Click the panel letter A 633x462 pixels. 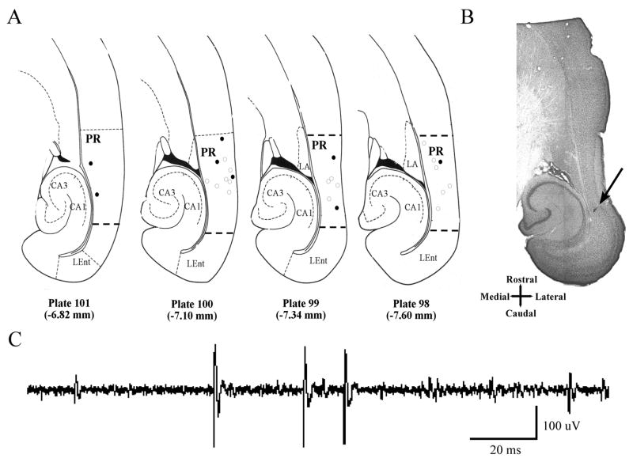pos(13,17)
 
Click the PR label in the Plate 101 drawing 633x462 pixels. pos(92,138)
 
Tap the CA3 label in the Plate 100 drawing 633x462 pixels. pos(166,192)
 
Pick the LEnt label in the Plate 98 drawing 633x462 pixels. pos(429,258)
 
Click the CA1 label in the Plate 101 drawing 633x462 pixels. pos(78,206)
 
